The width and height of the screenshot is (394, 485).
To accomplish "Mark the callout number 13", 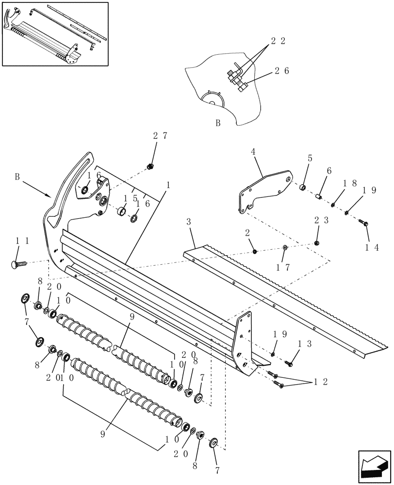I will click(305, 343).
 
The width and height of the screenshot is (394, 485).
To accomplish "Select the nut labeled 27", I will click(150, 167).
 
